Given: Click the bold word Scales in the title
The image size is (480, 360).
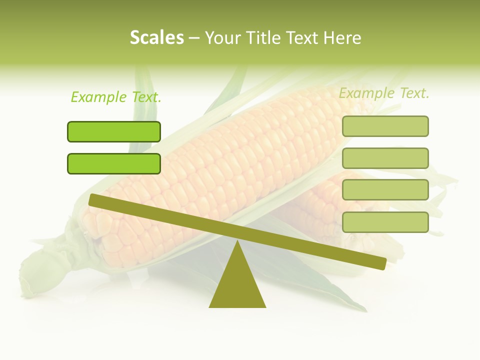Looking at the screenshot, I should [x=156, y=38].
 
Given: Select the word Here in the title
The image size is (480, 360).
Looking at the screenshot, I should [x=342, y=38].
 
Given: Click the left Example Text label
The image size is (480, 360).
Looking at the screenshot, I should [x=116, y=97].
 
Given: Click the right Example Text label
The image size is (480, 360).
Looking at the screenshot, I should [x=384, y=93].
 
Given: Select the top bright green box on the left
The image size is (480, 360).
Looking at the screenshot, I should [x=114, y=131].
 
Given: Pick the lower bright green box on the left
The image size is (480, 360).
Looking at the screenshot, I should [x=114, y=163].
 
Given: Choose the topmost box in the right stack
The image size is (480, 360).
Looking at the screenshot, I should [x=385, y=126].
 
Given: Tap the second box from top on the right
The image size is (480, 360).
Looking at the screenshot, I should [x=385, y=158].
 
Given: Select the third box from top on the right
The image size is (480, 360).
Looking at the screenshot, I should [x=385, y=189].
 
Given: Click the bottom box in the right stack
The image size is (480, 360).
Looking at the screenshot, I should [x=385, y=222].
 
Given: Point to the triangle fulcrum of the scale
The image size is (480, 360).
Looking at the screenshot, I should [x=237, y=285].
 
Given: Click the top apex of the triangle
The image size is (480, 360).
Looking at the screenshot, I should [x=237, y=242].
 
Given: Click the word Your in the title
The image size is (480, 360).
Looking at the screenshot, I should [x=222, y=38].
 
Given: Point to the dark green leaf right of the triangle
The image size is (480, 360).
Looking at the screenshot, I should [x=320, y=290].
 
